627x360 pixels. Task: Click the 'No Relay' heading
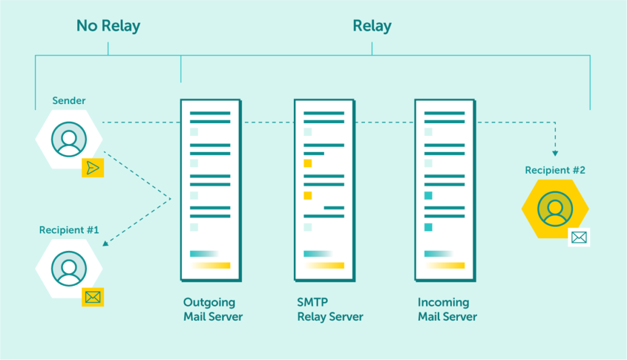pos(108,26)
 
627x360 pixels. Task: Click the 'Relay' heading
pos(372,26)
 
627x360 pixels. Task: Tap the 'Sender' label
pos(69,100)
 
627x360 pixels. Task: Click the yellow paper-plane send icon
pos(92,167)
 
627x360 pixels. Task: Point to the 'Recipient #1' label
pos(69,230)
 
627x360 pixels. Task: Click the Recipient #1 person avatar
pos(69,268)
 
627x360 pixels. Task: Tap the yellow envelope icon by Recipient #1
pos(92,298)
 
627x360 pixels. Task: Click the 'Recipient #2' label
pos(555,170)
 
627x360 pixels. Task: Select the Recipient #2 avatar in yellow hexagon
pos(555,209)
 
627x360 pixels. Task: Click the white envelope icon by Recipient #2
pos(579,237)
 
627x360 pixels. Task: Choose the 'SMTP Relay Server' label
pos(330,310)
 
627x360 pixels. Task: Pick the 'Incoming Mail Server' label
pos(447,310)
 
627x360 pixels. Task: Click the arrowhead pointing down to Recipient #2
pos(555,153)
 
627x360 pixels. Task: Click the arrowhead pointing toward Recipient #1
pos(105,244)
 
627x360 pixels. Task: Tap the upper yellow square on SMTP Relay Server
pos(307,163)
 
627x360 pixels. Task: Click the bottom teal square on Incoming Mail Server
pos(428,227)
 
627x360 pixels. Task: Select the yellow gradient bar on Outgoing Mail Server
pos(210,266)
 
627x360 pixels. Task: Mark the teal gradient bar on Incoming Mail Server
pos(438,253)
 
